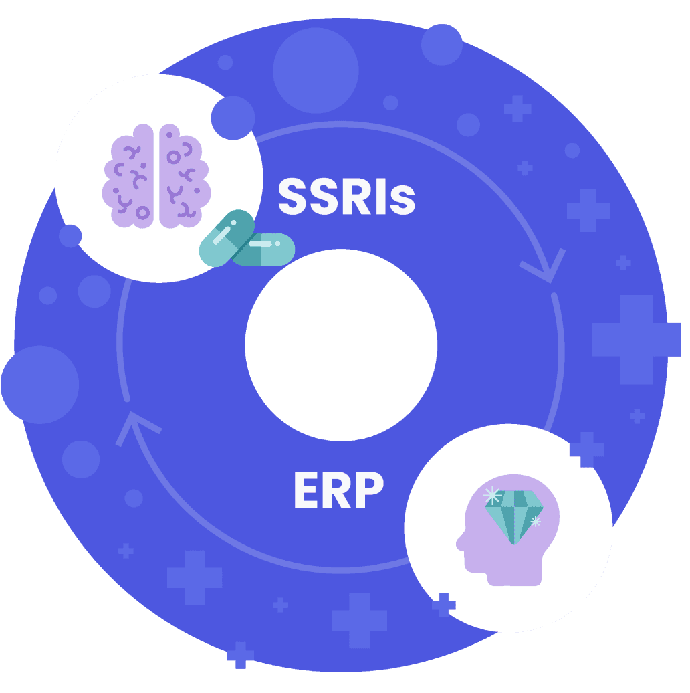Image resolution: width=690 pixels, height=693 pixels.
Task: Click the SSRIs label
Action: [346, 197]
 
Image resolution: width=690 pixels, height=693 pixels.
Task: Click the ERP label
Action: [338, 490]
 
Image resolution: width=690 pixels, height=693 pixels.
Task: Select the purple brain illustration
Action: [156, 175]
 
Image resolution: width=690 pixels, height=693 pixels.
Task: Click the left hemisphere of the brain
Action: [128, 175]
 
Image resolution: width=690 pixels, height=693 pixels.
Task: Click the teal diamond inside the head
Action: [514, 516]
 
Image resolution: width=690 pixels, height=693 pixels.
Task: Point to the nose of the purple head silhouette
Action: [459, 544]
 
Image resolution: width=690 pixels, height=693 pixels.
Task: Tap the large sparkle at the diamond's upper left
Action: [492, 496]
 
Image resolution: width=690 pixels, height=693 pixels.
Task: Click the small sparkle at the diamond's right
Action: [535, 521]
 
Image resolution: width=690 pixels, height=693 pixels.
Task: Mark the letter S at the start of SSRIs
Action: [293, 197]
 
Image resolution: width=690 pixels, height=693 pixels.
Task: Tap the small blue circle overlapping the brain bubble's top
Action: [233, 118]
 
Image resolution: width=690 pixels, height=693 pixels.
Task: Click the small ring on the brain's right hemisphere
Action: [174, 157]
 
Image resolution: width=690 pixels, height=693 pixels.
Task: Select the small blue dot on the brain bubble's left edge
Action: [70, 236]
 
